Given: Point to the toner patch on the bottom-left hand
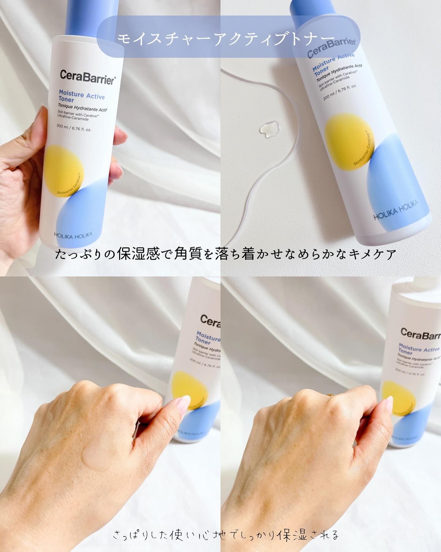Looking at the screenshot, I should tap(95, 456).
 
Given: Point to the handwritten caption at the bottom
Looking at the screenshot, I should tap(226, 535).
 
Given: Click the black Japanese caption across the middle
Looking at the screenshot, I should tap(226, 254).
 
